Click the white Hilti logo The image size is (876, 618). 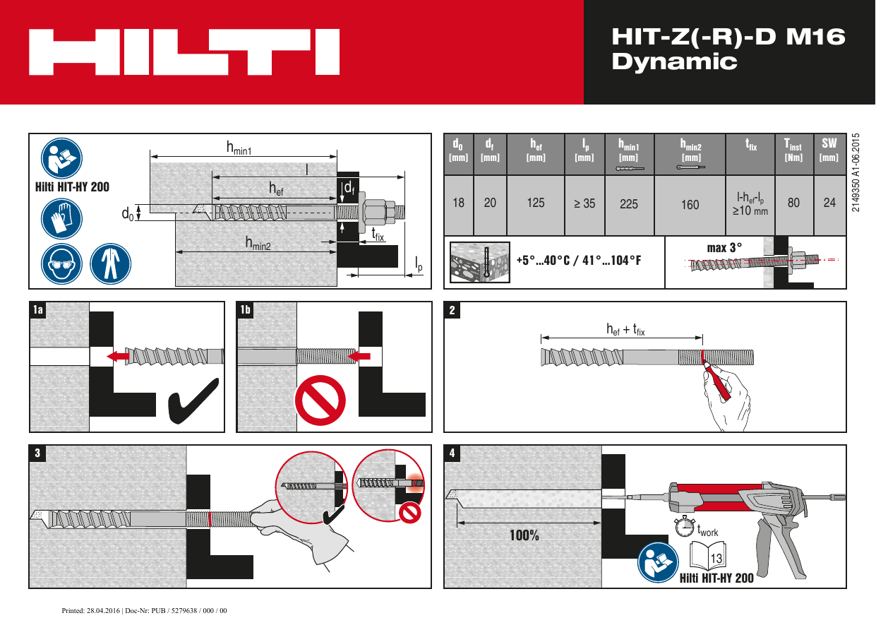[184, 52]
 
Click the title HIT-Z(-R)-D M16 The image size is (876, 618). [727, 37]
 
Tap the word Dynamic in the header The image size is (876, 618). [674, 62]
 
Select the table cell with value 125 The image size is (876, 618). [536, 203]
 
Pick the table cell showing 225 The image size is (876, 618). [629, 204]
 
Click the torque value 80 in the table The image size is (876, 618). [794, 203]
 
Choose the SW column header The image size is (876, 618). [829, 148]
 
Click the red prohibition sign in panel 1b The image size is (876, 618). [320, 400]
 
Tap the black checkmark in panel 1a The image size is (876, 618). [193, 403]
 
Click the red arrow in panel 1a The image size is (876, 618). [118, 357]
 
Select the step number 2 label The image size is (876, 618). [452, 309]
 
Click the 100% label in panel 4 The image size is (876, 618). [524, 535]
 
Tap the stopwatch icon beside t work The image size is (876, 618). [683, 526]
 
